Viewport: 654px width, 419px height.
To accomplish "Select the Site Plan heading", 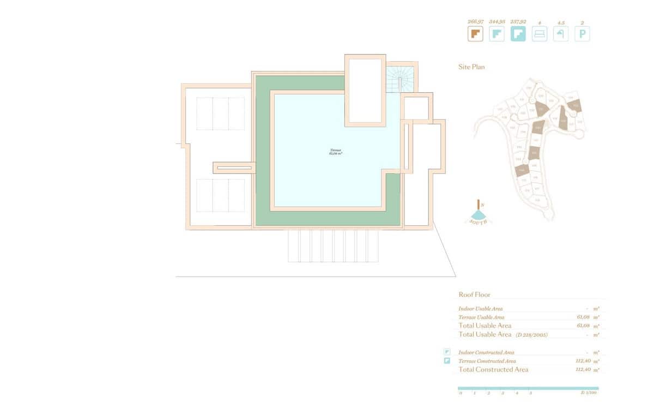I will click(471, 67).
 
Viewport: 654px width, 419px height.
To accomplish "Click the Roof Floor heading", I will click(474, 295).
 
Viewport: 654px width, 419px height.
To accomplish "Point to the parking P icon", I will click(582, 34).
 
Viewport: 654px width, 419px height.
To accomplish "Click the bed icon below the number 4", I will click(539, 34).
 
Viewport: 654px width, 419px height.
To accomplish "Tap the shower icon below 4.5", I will click(560, 34).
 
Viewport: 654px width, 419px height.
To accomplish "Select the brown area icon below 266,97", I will click(475, 34).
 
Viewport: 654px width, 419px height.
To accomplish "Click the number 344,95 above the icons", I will click(496, 22).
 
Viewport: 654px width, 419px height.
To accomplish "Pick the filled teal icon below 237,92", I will click(518, 34).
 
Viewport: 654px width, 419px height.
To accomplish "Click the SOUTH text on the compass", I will click(479, 222).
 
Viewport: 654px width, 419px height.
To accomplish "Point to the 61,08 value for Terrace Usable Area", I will click(583, 317).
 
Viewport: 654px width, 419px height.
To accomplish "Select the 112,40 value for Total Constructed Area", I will click(583, 369).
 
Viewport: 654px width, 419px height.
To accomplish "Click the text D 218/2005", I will click(531, 334).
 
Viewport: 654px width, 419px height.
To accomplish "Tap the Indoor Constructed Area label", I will click(486, 352).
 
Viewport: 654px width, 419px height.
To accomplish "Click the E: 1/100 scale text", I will click(589, 393).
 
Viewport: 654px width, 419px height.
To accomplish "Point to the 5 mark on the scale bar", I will click(530, 393).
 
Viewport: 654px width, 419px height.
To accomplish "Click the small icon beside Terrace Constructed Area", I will click(447, 361).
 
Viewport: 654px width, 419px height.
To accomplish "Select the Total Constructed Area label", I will click(493, 369).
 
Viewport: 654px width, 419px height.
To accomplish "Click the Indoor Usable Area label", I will click(481, 309).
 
